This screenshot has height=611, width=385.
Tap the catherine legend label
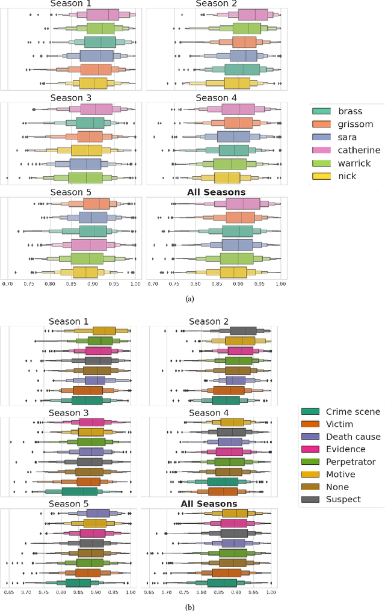359,150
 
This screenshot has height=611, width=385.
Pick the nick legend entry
347,176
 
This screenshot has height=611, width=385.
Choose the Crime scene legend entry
353,411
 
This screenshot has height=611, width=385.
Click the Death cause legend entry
353,436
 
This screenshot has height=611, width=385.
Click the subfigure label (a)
190,298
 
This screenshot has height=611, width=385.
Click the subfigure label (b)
190,607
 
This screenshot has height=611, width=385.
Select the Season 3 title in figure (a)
72,98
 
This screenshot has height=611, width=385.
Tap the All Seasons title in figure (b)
209,503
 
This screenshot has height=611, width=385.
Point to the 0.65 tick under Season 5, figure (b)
9,592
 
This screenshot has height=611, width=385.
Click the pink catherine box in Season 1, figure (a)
108,15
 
